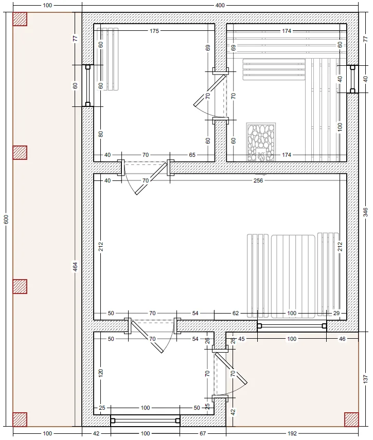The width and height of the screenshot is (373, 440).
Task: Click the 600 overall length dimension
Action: pyautogui.click(x=6, y=219)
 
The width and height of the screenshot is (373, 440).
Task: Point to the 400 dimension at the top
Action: pyautogui.click(x=220, y=5)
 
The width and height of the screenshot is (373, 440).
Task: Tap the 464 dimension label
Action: pyautogui.click(x=75, y=267)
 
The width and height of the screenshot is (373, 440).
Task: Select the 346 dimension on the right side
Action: pyautogui.click(x=365, y=212)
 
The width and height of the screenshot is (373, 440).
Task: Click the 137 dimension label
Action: pyautogui.click(x=365, y=379)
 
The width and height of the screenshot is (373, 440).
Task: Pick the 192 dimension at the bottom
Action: pyautogui.click(x=292, y=433)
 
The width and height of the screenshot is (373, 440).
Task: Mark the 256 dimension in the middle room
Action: pyautogui.click(x=258, y=180)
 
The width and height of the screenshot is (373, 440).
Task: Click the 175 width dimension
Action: pyautogui.click(x=154, y=31)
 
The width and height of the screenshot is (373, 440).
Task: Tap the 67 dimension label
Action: pyautogui.click(x=203, y=433)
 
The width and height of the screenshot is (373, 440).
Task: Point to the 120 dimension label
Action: pyautogui.click(x=101, y=373)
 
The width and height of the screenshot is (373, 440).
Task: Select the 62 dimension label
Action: pyautogui.click(x=235, y=313)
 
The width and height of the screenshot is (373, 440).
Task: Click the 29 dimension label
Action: pyautogui.click(x=336, y=313)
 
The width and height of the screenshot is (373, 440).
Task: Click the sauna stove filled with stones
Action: pyautogui.click(x=261, y=142)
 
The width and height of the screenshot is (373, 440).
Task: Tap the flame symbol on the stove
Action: pyautogui.click(x=261, y=155)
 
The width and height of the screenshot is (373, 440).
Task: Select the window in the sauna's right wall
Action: pyautogui.click(x=352, y=79)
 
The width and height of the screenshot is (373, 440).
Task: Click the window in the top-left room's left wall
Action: pyautogui.click(x=87, y=86)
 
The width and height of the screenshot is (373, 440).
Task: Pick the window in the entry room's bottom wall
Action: pyautogui.click(x=145, y=420)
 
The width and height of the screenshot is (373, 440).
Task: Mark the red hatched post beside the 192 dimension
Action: pyautogui.click(x=351, y=419)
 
